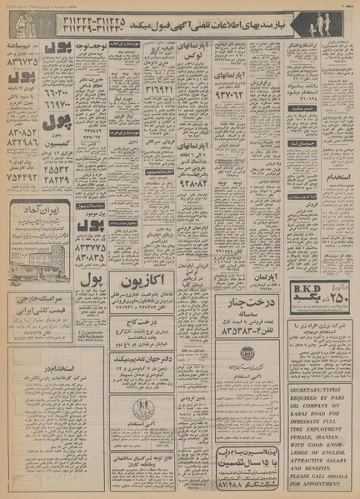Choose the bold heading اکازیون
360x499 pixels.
(x=177, y=277)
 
